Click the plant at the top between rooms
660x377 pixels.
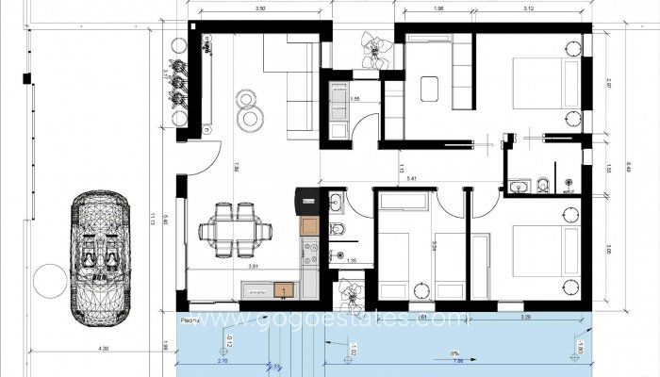373,48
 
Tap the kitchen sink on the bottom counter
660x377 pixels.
280,289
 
